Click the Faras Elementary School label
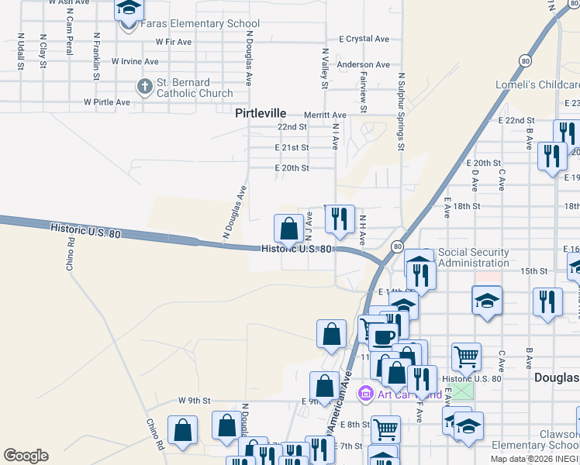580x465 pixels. pyautogui.click(x=201, y=24)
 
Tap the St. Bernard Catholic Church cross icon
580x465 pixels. pyautogui.click(x=144, y=86)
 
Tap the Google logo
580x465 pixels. pyautogui.click(x=26, y=456)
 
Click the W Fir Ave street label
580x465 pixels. pyautogui.click(x=173, y=41)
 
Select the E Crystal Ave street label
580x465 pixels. pyautogui.click(x=364, y=39)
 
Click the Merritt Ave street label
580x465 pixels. pyautogui.click(x=325, y=115)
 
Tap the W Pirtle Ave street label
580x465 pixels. pyautogui.click(x=107, y=102)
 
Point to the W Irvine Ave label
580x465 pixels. pyautogui.click(x=135, y=60)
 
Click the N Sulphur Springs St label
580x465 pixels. pyautogui.click(x=402, y=112)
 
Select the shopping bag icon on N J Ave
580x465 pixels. pyautogui.click(x=288, y=229)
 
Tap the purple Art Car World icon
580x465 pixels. pyautogui.click(x=365, y=394)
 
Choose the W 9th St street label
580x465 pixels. pyautogui.click(x=194, y=401)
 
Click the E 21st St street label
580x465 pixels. pyautogui.click(x=292, y=147)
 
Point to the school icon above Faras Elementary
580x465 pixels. pyautogui.click(x=129, y=9)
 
